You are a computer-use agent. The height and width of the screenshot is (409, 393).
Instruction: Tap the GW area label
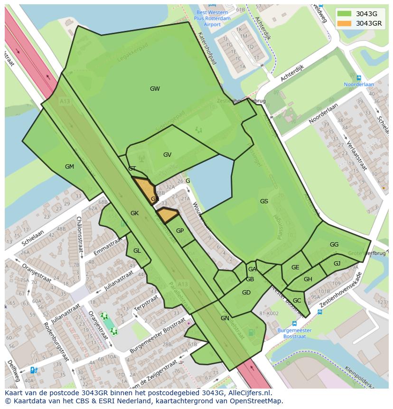pos(155,89)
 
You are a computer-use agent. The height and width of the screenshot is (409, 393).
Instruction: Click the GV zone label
pos(167,155)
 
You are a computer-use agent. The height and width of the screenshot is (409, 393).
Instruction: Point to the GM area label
pos(69,167)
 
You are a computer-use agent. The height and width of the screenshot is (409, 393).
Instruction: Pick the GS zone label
pos(264,201)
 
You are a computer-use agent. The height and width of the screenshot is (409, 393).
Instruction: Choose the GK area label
pos(134,214)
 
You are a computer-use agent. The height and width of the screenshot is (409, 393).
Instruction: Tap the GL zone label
pos(137,251)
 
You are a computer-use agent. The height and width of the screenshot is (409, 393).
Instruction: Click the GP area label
pos(180,231)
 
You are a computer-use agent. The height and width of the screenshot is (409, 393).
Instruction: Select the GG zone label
pos(334,245)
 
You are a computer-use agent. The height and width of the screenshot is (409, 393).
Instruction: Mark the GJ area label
pos(337,264)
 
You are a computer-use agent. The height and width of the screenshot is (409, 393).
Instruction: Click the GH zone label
pos(308,279)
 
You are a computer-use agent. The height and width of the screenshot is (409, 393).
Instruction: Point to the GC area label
pos(297,301)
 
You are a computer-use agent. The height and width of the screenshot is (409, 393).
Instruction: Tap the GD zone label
pos(246,293)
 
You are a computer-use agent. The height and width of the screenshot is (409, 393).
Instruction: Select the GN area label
pos(225,318)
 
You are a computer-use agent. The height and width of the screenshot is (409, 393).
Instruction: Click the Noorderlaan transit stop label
pos(359,84)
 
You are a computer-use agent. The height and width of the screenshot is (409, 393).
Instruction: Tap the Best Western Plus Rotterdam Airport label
pos(212,18)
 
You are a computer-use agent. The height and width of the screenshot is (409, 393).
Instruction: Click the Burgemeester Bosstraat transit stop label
pos(294,333)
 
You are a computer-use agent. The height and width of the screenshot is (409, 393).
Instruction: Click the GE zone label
pos(295,267)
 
